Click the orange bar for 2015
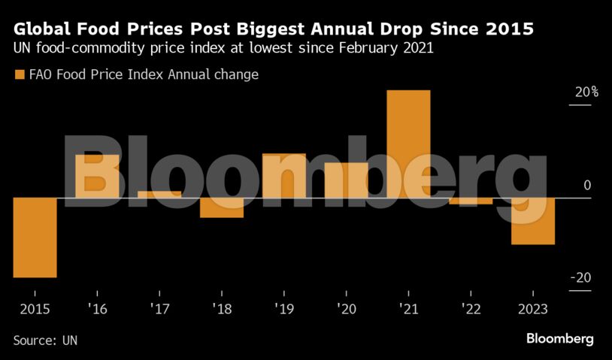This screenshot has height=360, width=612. (35, 237)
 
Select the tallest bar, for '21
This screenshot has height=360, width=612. (408, 144)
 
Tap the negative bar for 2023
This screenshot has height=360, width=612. (533, 221)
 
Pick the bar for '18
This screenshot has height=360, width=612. (222, 207)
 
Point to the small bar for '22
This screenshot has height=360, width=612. (471, 201)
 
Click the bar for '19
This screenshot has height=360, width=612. (284, 176)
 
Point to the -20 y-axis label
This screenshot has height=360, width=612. (582, 278)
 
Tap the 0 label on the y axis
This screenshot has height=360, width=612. (587, 186)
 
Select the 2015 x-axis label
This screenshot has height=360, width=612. (35, 309)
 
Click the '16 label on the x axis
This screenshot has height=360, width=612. (97, 309)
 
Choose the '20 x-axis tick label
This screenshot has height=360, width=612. (347, 309)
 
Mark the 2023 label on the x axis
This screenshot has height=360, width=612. (533, 309)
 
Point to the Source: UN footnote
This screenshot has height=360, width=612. (45, 340)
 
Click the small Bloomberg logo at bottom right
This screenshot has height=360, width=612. (559, 339)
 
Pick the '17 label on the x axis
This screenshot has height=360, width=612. (159, 309)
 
